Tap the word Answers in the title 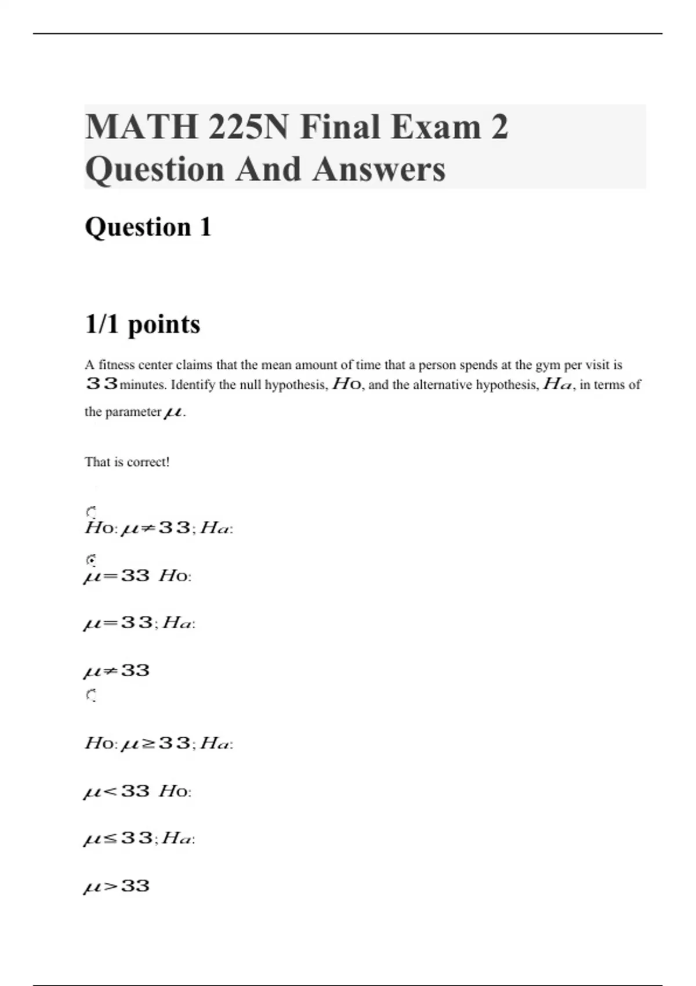tap(379, 169)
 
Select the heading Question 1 tap(148, 227)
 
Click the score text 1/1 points tap(143, 324)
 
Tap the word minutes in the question tap(142, 385)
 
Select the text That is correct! tap(127, 462)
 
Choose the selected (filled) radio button tap(90, 560)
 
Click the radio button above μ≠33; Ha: tap(90, 512)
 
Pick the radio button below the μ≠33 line tap(90, 695)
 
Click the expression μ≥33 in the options tap(155, 743)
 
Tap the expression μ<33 tap(117, 791)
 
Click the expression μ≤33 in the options tap(118, 838)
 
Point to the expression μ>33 tap(117, 886)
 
